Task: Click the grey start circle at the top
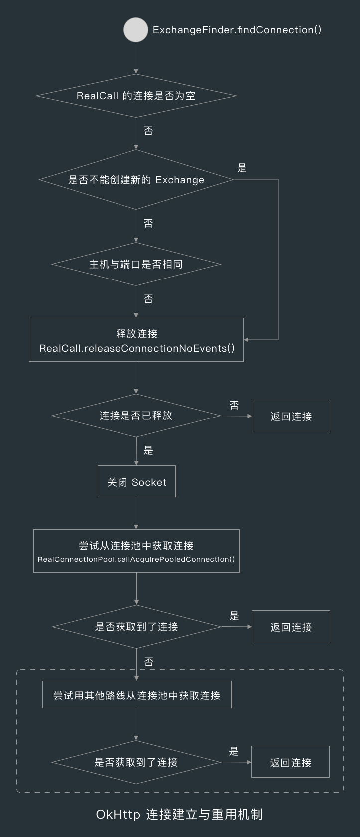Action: (x=136, y=30)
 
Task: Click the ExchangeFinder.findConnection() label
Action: (x=237, y=30)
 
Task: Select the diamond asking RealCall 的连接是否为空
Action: (x=136, y=96)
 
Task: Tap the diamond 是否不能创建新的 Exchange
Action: (x=136, y=180)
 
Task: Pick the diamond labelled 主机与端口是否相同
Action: (x=136, y=264)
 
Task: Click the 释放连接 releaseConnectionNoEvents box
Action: (x=136, y=340)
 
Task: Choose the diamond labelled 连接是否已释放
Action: (x=136, y=416)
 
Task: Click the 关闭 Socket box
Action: (x=136, y=482)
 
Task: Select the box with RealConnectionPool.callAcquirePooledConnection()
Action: (x=136, y=551)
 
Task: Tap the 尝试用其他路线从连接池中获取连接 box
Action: (x=136, y=695)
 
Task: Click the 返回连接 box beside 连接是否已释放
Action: (x=291, y=416)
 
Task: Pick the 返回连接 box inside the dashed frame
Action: (x=290, y=762)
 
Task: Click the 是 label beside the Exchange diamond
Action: (x=242, y=168)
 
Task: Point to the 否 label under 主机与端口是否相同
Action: (x=148, y=299)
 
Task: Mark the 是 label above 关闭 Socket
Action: (x=148, y=450)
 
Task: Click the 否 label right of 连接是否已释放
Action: (x=234, y=405)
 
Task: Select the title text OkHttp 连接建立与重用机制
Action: (x=179, y=814)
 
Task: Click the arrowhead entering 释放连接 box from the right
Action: (x=247, y=340)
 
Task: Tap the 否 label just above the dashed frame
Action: (x=148, y=662)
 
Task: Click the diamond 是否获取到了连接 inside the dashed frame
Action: (x=136, y=762)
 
